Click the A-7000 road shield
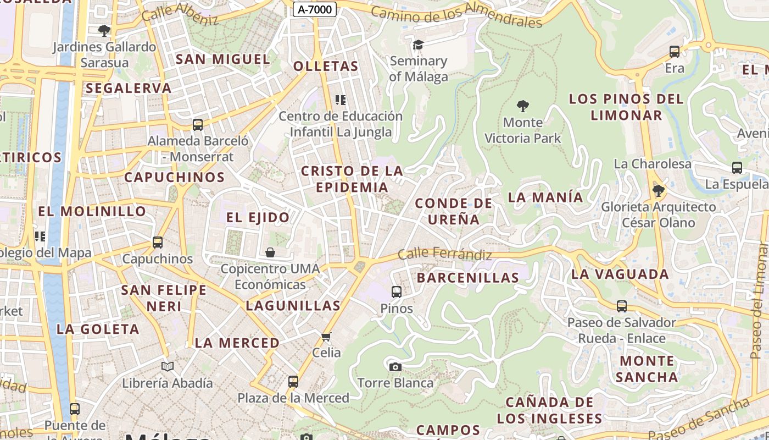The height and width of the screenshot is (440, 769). coord(314,9)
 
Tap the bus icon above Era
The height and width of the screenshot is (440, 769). coord(675,52)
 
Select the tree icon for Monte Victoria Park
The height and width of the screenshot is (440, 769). coord(523,106)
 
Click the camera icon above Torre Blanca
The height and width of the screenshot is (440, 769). coord(395,367)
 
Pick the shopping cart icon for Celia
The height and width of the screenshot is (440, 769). coord(326,337)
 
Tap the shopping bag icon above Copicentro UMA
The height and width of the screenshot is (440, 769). coord(270,252)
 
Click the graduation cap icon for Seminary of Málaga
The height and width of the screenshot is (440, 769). coord(419,45)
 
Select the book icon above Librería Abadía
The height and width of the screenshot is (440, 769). coord(168,366)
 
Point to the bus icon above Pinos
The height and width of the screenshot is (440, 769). coord(396,292)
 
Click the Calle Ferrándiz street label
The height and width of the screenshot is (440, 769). coord(444,254)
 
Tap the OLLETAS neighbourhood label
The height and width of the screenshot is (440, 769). coord(326,67)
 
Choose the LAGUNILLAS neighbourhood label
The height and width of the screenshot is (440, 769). coord(293,306)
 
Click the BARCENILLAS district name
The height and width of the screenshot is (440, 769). coord(467,278)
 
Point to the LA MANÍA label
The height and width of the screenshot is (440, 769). coord(545,197)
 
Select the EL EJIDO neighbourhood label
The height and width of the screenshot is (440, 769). coord(258,217)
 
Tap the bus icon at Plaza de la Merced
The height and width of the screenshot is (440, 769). coord(293,381)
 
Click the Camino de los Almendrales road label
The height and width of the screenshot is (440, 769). coord(456,15)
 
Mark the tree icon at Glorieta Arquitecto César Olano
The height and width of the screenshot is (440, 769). coord(658,191)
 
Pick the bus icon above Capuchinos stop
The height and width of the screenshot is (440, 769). coord(158,243)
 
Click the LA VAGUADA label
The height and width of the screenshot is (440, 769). coord(620,274)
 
